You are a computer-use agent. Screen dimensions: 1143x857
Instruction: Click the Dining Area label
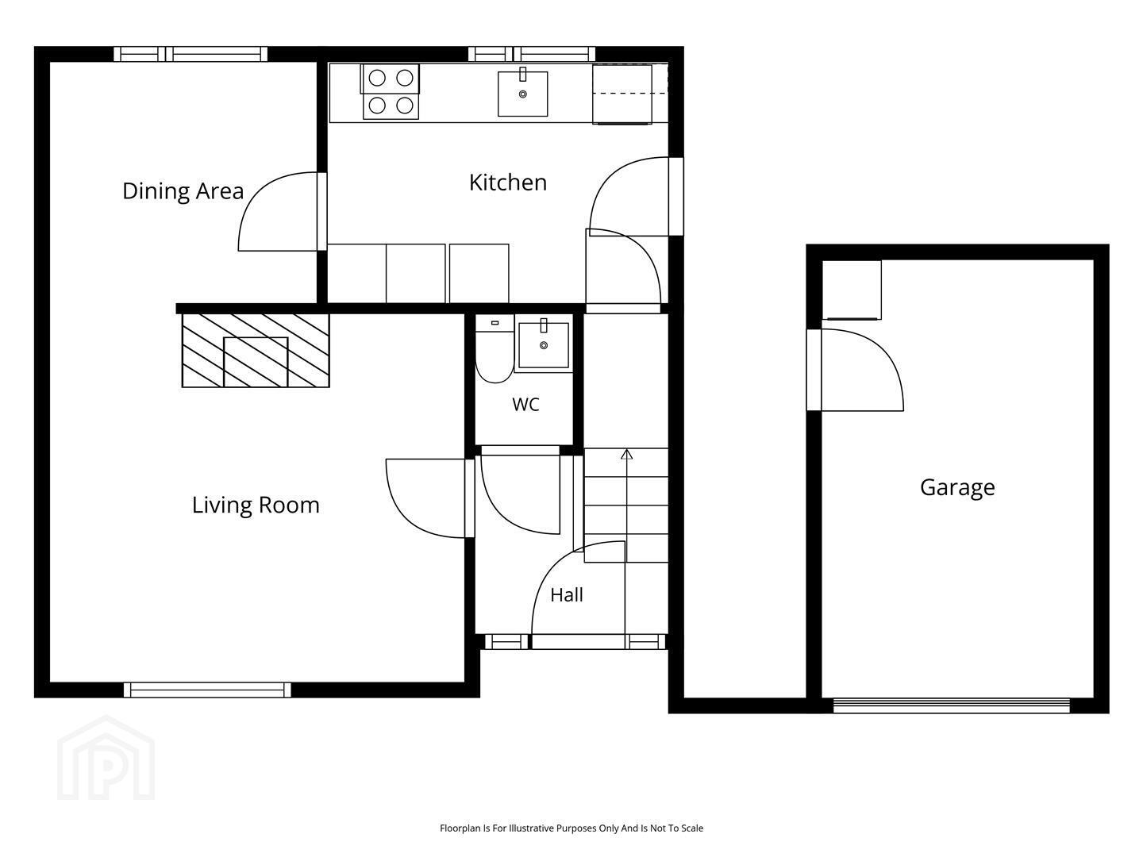click(183, 191)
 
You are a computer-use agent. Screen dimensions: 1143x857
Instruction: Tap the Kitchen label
click(508, 183)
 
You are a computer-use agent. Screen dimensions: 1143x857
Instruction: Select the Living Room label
click(256, 505)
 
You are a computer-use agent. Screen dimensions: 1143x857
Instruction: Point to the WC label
click(525, 405)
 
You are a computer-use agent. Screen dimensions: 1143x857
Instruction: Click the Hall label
click(567, 595)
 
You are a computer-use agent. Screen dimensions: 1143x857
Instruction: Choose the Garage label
click(957, 487)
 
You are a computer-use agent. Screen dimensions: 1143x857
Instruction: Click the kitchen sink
click(523, 92)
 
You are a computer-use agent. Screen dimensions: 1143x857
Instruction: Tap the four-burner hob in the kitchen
click(391, 92)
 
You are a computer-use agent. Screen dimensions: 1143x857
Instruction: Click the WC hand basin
click(544, 344)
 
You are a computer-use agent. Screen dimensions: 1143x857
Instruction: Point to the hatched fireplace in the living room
click(256, 351)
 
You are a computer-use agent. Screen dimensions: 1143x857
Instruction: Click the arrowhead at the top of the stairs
click(626, 454)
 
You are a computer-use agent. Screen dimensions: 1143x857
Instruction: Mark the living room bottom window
click(207, 690)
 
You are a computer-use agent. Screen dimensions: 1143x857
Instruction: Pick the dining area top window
click(190, 54)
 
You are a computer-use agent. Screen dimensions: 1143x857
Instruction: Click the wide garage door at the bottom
click(952, 705)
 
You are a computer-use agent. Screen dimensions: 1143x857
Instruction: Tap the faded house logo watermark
click(106, 758)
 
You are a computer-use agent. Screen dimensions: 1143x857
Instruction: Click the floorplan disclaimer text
click(571, 828)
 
